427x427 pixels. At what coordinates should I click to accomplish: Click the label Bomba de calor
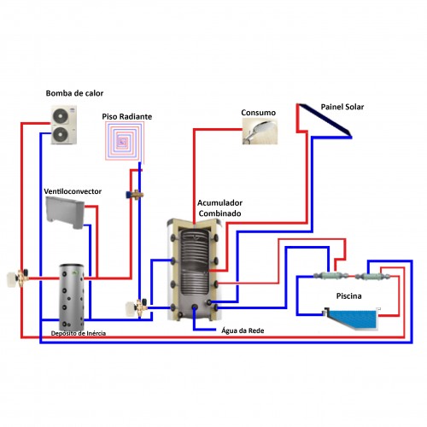(74, 93)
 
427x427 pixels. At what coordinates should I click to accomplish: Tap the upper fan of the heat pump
(61, 116)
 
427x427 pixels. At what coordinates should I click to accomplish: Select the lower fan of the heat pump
(61, 134)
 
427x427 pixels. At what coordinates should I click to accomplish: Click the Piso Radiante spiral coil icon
(125, 140)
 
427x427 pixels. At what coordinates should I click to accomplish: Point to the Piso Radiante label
(127, 116)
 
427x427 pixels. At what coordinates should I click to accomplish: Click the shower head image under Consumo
(260, 132)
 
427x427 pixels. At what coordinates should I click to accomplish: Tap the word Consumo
(258, 113)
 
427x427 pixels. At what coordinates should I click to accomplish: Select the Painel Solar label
(342, 107)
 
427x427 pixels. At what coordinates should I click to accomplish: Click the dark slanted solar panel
(325, 120)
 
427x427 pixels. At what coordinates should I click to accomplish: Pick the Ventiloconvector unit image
(66, 213)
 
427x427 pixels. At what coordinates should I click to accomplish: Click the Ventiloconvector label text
(73, 191)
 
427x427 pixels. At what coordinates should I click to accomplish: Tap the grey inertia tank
(72, 297)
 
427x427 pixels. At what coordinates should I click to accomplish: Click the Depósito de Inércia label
(79, 333)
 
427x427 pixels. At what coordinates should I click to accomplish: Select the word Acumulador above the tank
(219, 203)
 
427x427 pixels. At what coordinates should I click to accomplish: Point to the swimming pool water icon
(353, 319)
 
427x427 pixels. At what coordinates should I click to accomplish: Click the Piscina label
(348, 296)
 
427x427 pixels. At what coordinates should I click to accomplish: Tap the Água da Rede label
(243, 330)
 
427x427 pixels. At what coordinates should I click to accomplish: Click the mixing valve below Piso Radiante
(135, 195)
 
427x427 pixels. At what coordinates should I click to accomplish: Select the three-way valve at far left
(18, 278)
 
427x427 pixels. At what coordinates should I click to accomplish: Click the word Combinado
(219, 213)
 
